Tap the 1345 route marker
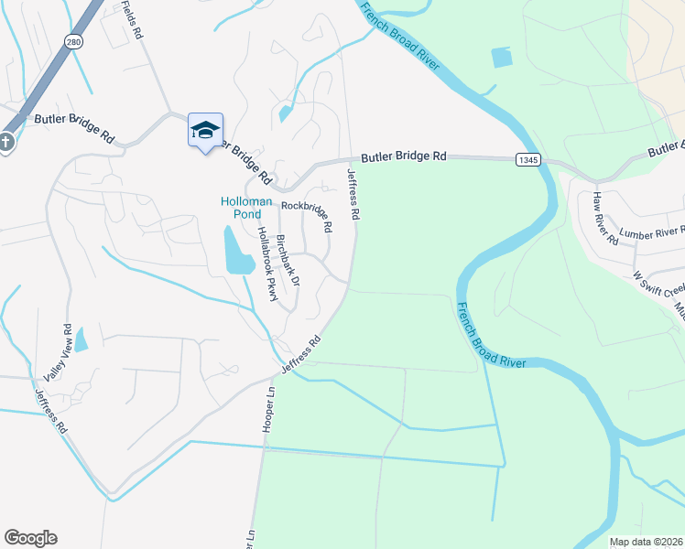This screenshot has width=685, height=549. click(x=527, y=159)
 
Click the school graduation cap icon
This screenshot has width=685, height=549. click(x=206, y=130)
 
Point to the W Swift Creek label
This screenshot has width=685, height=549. click(x=658, y=277)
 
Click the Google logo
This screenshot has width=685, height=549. click(x=30, y=538)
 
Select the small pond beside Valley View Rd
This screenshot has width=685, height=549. click(x=81, y=340)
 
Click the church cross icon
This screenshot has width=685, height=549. click(x=5, y=144)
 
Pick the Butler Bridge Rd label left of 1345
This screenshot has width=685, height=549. click(x=403, y=157)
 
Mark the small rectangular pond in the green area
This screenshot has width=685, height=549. click(x=502, y=57)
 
